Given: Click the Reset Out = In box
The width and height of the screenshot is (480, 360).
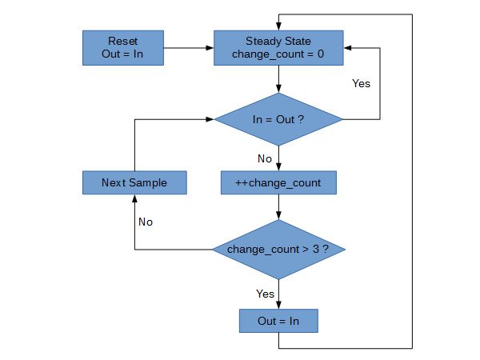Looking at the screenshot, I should click(x=123, y=47).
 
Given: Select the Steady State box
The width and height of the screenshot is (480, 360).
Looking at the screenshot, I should click(x=278, y=47).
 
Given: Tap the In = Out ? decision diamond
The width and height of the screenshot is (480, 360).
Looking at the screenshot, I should click(x=278, y=119).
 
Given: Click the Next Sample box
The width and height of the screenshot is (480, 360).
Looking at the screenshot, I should click(x=134, y=182).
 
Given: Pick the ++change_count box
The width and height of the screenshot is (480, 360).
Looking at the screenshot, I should click(x=278, y=182).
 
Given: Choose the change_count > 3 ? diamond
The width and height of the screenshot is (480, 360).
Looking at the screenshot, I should click(x=278, y=250).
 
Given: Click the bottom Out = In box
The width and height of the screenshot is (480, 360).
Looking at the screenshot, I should click(x=278, y=321).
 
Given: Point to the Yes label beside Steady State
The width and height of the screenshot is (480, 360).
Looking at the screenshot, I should click(x=362, y=82).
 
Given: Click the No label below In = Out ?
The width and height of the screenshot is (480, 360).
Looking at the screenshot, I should click(x=265, y=158).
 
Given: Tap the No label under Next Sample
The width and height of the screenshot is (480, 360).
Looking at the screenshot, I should click(x=145, y=222).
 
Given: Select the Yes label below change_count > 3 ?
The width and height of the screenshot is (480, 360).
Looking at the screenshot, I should click(x=265, y=294).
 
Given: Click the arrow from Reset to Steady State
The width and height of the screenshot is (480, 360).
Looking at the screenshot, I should click(x=189, y=47).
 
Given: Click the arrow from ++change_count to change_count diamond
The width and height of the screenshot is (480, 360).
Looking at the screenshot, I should click(x=278, y=207).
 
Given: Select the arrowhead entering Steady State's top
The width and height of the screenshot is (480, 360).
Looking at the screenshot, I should click(x=278, y=26).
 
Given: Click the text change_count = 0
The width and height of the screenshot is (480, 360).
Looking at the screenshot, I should click(x=278, y=54).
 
